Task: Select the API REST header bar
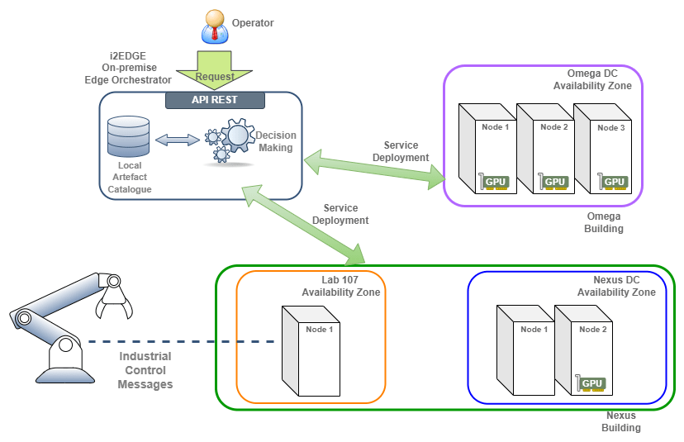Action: tap(215, 100)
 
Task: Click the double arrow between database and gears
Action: tap(177, 140)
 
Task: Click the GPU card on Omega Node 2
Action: tap(554, 182)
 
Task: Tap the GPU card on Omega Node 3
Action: tap(613, 182)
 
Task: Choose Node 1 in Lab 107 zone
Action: tap(311, 351)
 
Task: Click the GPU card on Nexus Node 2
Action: tap(591, 383)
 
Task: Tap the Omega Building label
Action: tap(604, 222)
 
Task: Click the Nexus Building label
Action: tap(620, 421)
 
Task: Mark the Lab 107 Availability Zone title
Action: tap(340, 287)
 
